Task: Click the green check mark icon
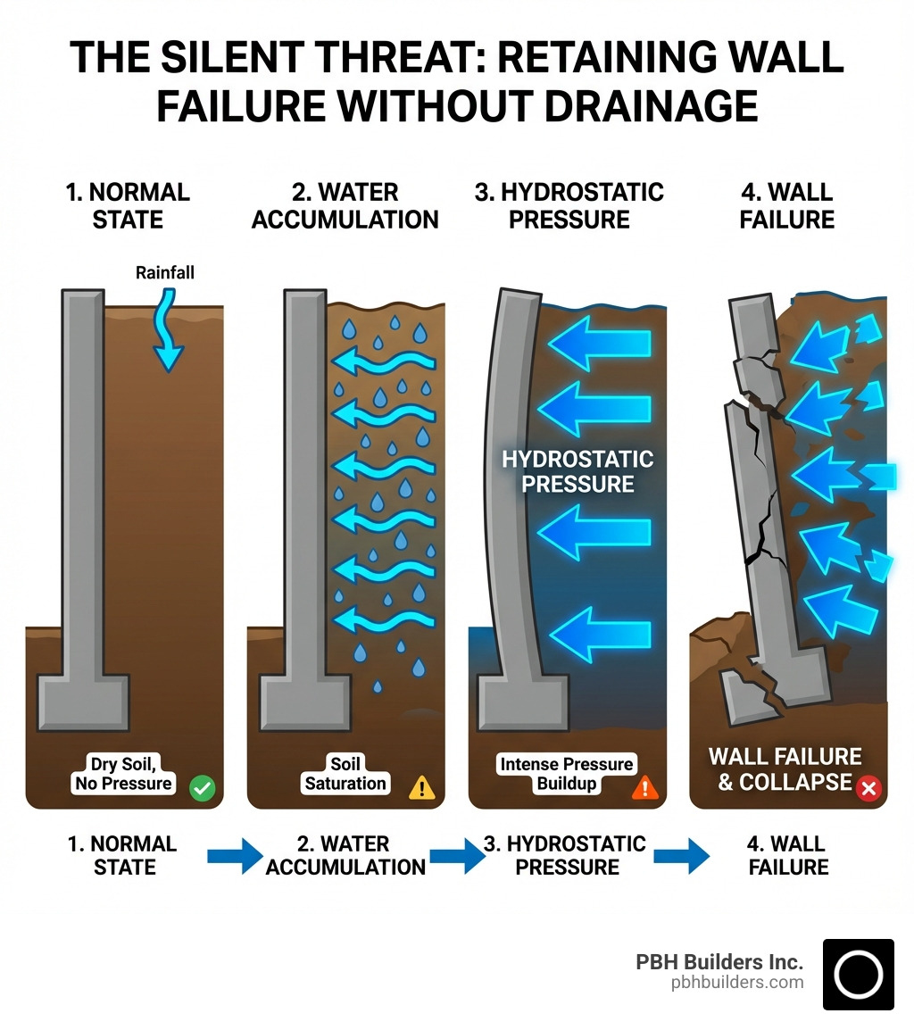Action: (204, 787)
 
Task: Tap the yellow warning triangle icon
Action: (421, 786)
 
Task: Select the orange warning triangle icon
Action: (644, 786)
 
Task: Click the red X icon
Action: (868, 787)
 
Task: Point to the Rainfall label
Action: (165, 273)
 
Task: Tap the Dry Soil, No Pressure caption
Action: (124, 774)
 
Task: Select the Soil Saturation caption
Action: (345, 774)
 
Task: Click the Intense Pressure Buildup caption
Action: (567, 774)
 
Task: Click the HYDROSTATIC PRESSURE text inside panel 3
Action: (577, 471)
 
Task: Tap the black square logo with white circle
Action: (858, 974)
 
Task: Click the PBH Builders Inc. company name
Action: (719, 962)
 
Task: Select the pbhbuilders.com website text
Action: (737, 983)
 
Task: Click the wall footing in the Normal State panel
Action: (83, 702)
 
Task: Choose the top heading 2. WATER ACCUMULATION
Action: (345, 205)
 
